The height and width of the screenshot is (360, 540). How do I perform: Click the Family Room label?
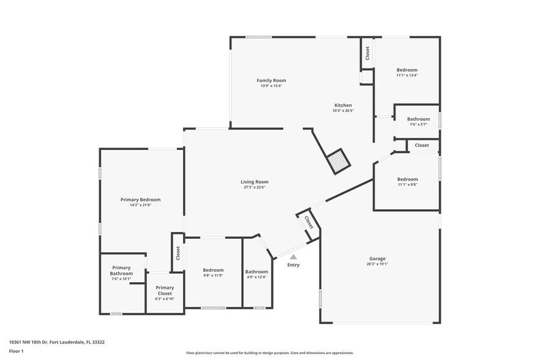click(x=271, y=80)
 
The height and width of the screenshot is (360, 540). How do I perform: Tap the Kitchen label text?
click(x=342, y=105)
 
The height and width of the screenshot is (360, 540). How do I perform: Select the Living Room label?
click(x=254, y=182)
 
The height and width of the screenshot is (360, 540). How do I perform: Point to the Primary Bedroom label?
click(x=140, y=200)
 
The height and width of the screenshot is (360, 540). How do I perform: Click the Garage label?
click(x=377, y=258)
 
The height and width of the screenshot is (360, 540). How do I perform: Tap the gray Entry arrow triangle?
click(x=293, y=257)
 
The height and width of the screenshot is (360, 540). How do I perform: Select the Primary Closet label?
click(x=165, y=290)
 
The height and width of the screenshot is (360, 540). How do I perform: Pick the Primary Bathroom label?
click(x=121, y=271)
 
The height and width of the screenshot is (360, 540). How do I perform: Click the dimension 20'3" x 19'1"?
click(x=377, y=264)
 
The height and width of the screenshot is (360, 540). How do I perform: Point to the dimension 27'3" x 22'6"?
click(x=254, y=187)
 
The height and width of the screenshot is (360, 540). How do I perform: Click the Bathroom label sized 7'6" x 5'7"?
click(x=419, y=119)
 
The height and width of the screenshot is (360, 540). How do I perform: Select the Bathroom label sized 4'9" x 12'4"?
click(x=257, y=271)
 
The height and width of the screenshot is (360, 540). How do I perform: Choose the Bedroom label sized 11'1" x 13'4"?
click(x=407, y=70)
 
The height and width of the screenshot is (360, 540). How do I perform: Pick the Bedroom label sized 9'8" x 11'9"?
click(x=213, y=270)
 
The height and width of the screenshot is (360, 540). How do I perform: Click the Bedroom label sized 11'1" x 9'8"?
click(x=407, y=179)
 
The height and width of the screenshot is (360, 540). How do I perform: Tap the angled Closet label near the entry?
click(x=309, y=222)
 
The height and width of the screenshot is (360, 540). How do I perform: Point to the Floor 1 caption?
click(x=16, y=351)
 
